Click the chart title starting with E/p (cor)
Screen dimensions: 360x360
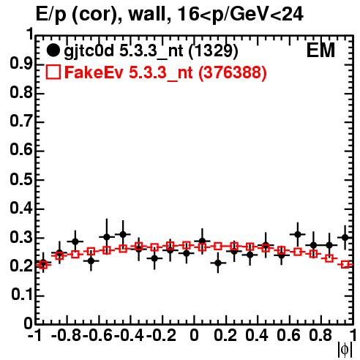coord(169,14)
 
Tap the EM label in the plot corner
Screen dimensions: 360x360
coord(320,50)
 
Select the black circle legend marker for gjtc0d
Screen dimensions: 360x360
coord(53,50)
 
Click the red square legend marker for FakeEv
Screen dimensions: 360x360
coord(53,72)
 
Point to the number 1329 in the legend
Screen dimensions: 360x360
coord(214,50)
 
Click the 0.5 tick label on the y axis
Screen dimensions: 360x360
coord(21,180)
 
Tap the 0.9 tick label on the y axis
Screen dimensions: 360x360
coord(21,64)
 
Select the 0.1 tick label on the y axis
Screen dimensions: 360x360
coord(21,295)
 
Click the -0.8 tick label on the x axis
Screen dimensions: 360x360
coord(67,335)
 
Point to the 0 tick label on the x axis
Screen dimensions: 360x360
coord(194,335)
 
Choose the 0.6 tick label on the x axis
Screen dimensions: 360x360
coord(288,335)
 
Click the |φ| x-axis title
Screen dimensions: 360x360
coord(345,350)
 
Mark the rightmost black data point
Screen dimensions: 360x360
coord(345,237)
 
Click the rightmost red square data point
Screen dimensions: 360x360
coord(345,265)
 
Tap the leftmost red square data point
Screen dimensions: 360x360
coord(43,265)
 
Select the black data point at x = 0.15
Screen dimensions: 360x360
coord(218,263)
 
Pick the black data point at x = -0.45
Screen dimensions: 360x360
coord(123,235)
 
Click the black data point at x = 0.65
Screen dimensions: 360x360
coord(297,235)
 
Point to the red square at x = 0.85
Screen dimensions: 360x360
coord(329,258)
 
